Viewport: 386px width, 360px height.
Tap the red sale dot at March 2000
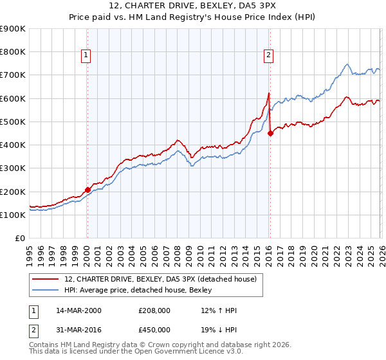(x=87, y=190)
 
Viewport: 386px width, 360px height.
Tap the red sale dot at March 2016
(x=270, y=133)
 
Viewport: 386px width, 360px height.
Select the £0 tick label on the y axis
(x=19, y=238)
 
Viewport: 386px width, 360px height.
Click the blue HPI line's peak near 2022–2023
(x=347, y=64)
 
